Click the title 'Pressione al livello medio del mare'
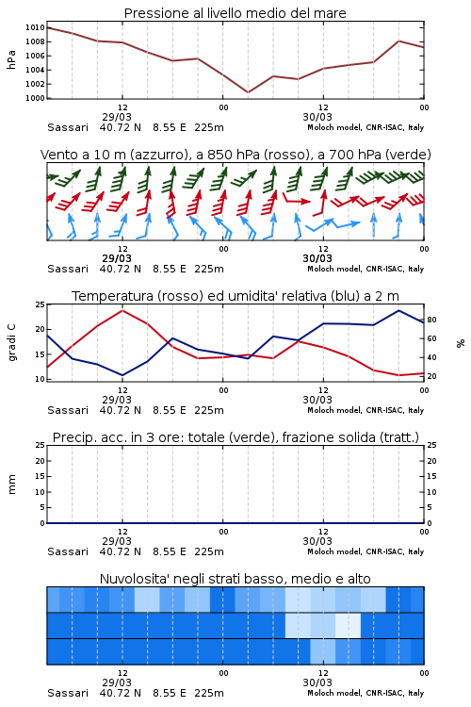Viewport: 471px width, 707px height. coord(235,13)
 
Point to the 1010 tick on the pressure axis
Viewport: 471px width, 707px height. coord(35,27)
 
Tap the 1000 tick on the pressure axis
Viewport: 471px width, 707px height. coord(35,98)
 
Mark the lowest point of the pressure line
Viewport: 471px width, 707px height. coord(248,92)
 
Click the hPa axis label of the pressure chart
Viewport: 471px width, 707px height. coord(11,59)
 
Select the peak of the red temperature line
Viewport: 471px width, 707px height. coord(122,310)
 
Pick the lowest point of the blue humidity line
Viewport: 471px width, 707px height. coord(122,375)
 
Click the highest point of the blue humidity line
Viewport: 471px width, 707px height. coord(398,310)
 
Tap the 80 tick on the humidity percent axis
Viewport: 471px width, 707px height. coord(431,320)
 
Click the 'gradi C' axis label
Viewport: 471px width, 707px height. coord(11,342)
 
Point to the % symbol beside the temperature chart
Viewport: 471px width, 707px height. coord(461,343)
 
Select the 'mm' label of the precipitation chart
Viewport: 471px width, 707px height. coord(11,485)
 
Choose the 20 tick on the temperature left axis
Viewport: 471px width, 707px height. coord(41,329)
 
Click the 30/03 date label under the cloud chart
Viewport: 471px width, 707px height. coord(317,682)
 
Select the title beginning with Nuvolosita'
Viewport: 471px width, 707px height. coord(235,579)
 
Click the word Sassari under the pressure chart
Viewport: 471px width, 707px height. coord(68,127)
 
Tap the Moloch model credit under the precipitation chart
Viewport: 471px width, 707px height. coord(365,551)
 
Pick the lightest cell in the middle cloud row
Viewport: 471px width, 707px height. coord(348,625)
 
